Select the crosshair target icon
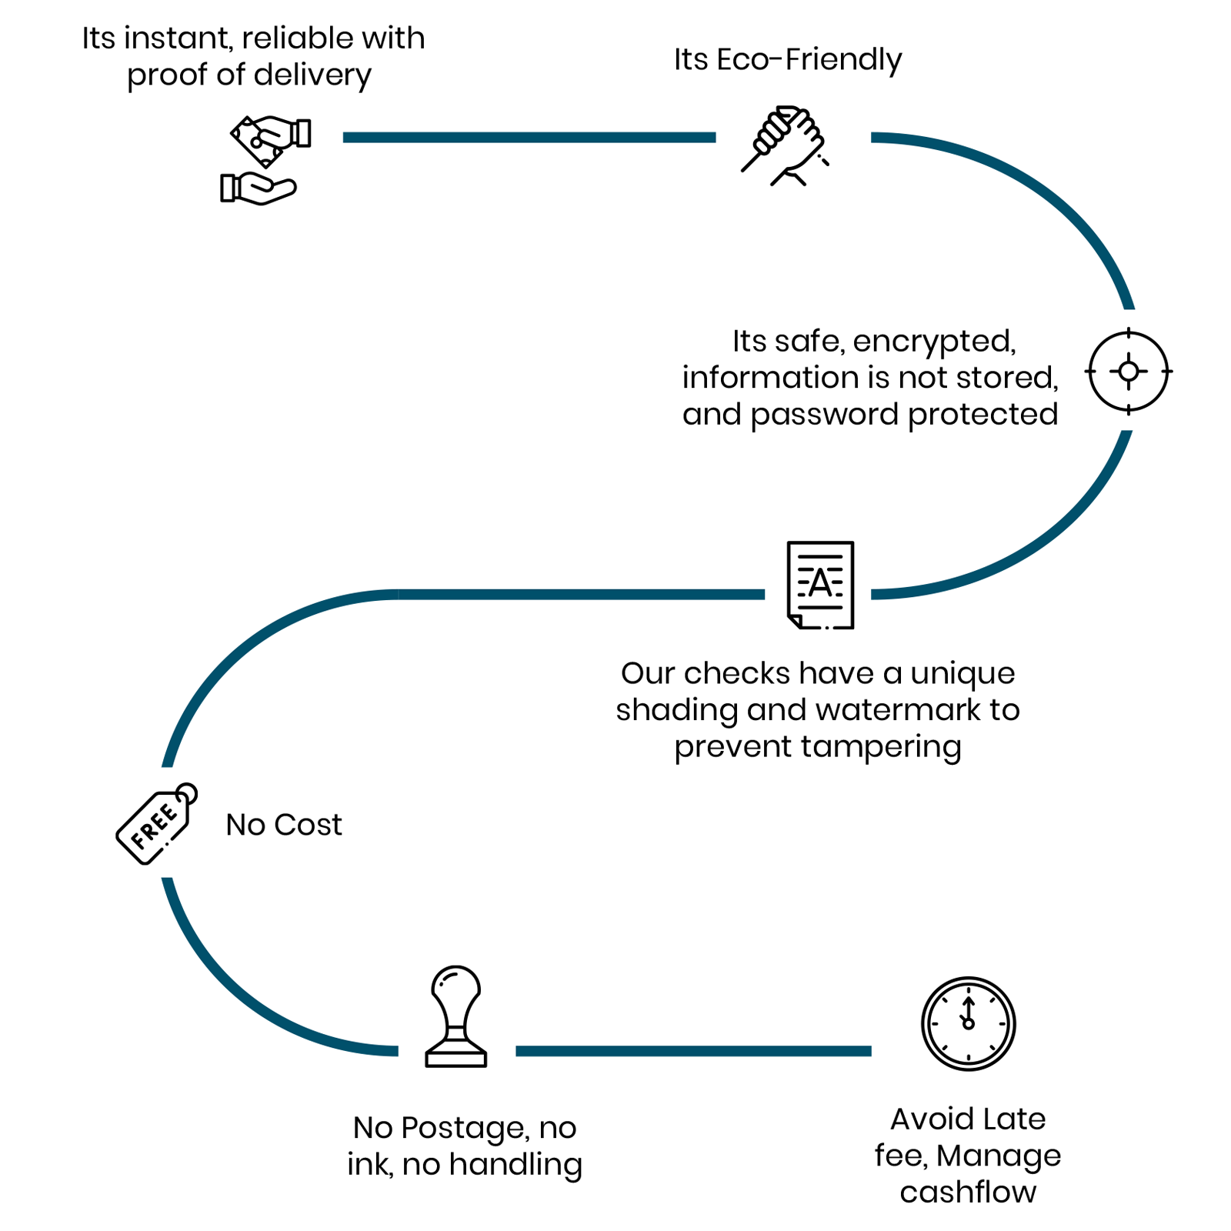click(1129, 372)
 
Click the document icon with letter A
click(820, 585)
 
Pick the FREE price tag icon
click(157, 823)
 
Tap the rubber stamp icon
click(456, 1016)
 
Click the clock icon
click(969, 1024)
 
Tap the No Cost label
click(284, 825)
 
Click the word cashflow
click(968, 1192)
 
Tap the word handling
click(515, 1166)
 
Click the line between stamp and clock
click(693, 1051)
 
